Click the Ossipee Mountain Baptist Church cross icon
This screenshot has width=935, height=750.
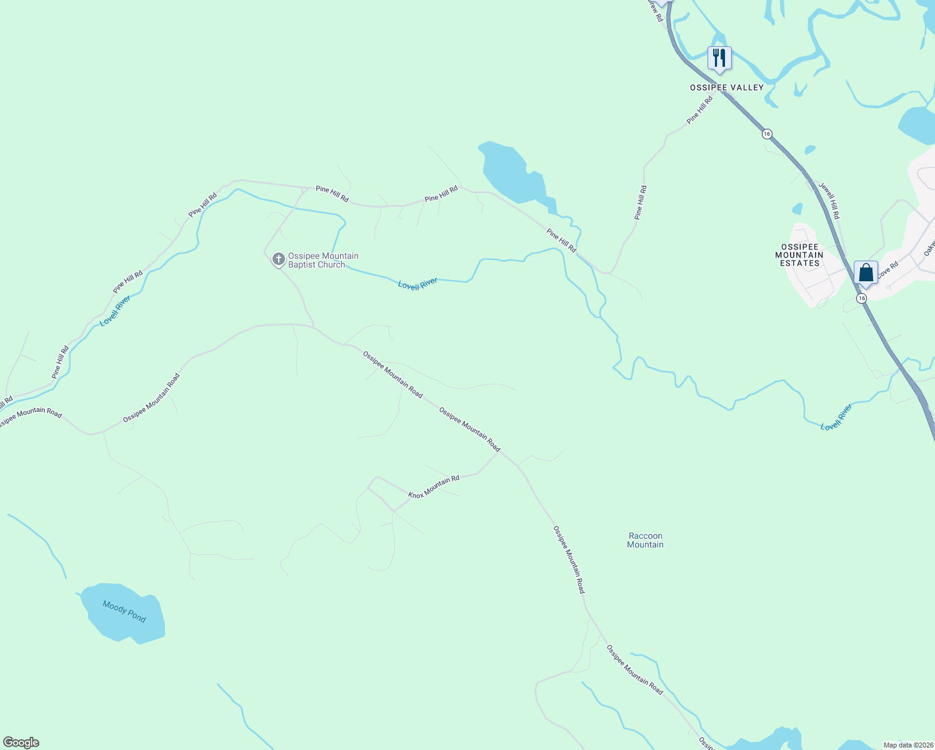(279, 259)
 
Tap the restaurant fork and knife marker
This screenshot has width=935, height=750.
(719, 58)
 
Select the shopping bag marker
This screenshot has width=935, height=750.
(866, 273)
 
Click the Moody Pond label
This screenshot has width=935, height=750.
(124, 611)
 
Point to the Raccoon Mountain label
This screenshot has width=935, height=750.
(645, 540)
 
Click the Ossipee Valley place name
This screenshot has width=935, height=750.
(726, 87)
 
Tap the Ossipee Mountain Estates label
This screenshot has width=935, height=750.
(799, 255)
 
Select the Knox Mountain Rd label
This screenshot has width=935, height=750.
(434, 487)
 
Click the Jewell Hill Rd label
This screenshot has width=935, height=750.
(829, 201)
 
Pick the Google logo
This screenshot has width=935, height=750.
(21, 742)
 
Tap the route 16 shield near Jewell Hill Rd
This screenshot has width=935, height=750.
(767, 134)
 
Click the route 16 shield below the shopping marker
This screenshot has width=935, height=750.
(862, 299)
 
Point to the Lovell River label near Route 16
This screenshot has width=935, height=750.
(836, 417)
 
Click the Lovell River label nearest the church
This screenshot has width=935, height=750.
(417, 284)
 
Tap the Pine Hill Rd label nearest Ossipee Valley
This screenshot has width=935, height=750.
(699, 110)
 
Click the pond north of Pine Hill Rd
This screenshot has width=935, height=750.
(511, 172)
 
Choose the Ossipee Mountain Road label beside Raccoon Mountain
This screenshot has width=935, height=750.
(569, 559)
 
